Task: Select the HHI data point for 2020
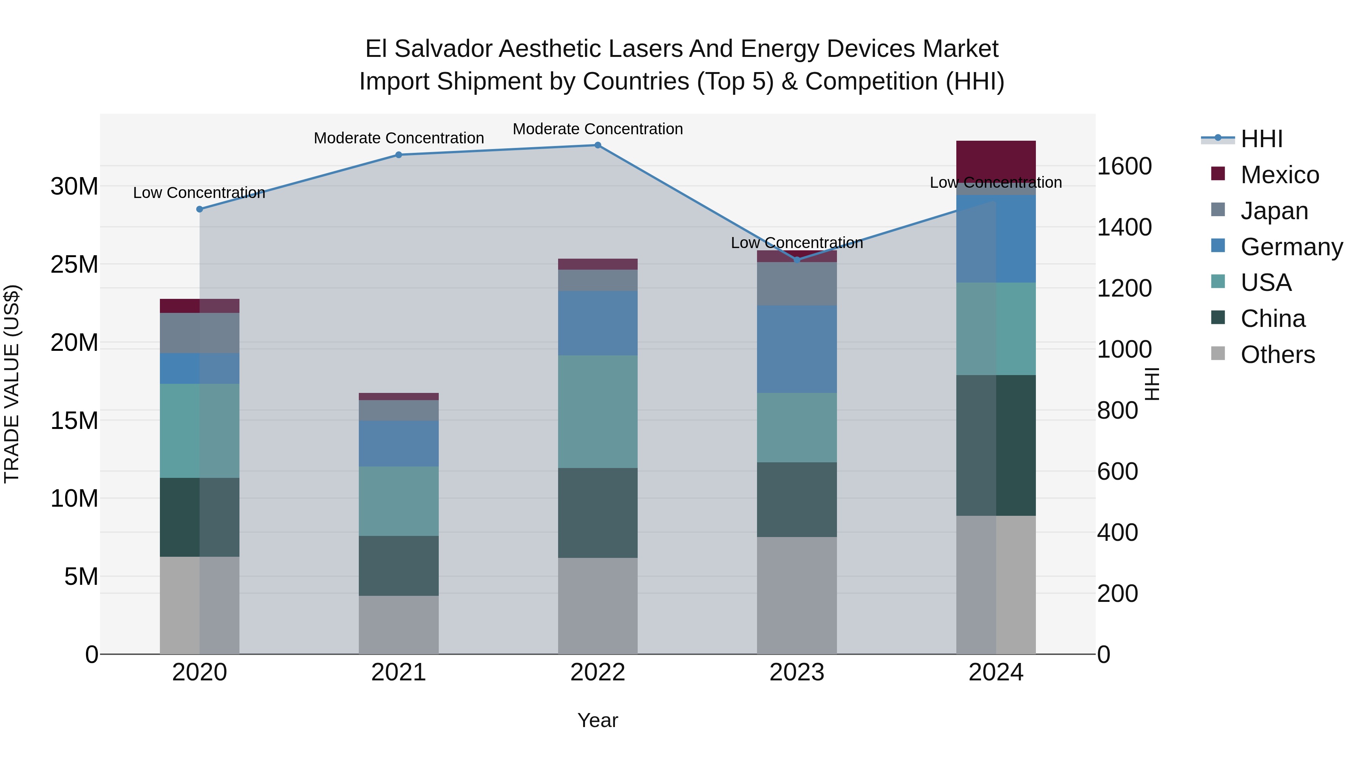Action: tap(200, 209)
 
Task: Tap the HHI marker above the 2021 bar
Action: tap(399, 155)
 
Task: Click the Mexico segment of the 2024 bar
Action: tap(995, 159)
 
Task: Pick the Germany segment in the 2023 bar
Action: tap(796, 349)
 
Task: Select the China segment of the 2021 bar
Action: tap(399, 565)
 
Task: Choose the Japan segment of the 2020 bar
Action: tap(200, 333)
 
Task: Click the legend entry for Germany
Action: tap(1291, 247)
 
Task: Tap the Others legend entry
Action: tap(1277, 355)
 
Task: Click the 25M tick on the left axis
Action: tap(74, 264)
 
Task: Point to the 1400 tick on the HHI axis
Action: tap(1124, 228)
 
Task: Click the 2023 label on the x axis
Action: tap(796, 672)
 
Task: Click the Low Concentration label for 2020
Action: tap(199, 193)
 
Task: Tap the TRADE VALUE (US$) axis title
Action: tap(12, 384)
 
